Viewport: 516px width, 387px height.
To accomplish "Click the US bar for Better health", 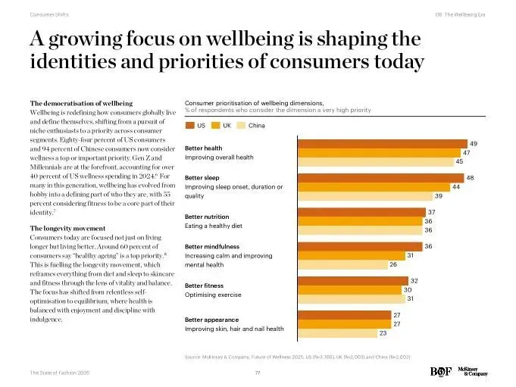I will [x=383, y=144].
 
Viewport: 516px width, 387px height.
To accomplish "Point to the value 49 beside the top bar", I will [x=473, y=144].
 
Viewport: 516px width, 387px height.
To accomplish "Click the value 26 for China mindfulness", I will [x=393, y=264].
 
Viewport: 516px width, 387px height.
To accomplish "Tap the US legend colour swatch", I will [x=190, y=125].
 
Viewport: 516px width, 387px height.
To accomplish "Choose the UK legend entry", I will [x=222, y=125].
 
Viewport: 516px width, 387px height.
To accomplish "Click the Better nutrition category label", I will [x=207, y=217].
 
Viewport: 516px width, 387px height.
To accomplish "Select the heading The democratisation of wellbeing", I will [x=80, y=103].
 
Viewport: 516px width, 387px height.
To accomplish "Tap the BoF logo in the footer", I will [x=441, y=372].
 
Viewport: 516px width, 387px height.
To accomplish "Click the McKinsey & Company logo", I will [x=475, y=372].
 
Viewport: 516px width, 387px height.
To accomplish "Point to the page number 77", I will [x=258, y=373].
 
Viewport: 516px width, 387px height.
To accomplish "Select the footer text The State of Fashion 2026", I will [x=60, y=373].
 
